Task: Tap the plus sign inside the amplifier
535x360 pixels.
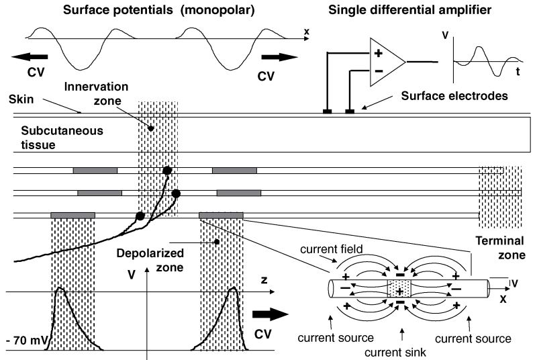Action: click(378, 53)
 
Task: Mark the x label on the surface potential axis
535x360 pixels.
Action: click(305, 31)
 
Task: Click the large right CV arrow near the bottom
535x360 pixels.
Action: click(270, 315)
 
